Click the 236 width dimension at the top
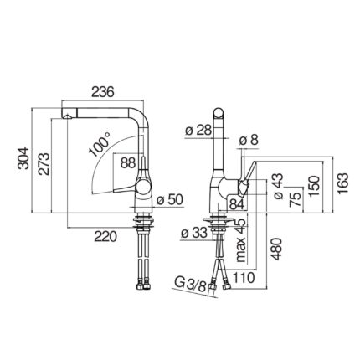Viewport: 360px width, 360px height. coord(103,92)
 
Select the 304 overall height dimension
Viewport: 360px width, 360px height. coord(23,158)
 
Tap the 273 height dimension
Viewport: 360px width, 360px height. coord(44,164)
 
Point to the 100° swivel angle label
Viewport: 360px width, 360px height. coord(100,144)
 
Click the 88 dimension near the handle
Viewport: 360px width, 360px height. coord(128,162)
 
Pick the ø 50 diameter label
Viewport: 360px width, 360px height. coord(170,200)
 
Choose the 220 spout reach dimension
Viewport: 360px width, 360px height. coord(105,237)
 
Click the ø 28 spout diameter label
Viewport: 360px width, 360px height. coord(198,130)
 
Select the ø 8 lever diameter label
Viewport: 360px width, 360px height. coord(249,141)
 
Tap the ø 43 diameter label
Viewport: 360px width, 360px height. coord(279,186)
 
